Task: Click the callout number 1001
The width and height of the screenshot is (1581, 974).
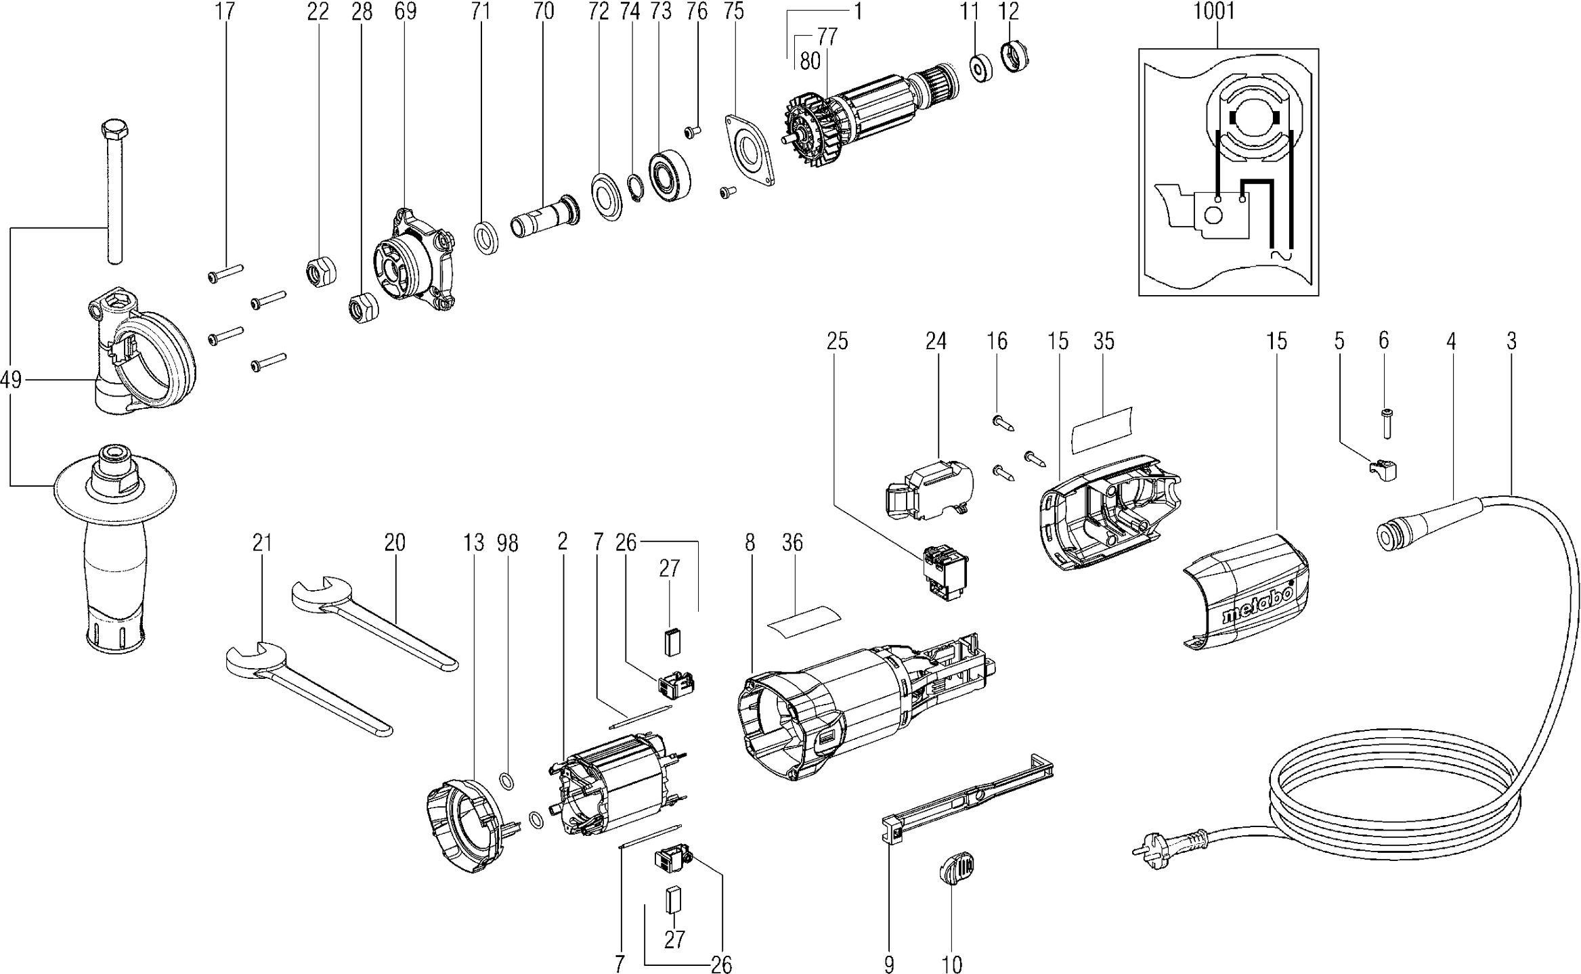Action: coord(1215,12)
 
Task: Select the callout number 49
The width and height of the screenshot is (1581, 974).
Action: coord(11,380)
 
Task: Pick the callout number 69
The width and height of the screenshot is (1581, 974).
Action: coord(406,12)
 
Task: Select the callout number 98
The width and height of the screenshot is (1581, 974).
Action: coord(507,543)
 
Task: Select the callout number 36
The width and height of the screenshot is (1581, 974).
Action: coord(792,543)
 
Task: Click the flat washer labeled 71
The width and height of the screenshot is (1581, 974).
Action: coord(485,236)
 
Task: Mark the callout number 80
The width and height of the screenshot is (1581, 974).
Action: coord(810,62)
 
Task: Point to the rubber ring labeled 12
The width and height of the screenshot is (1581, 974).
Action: coord(1014,56)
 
